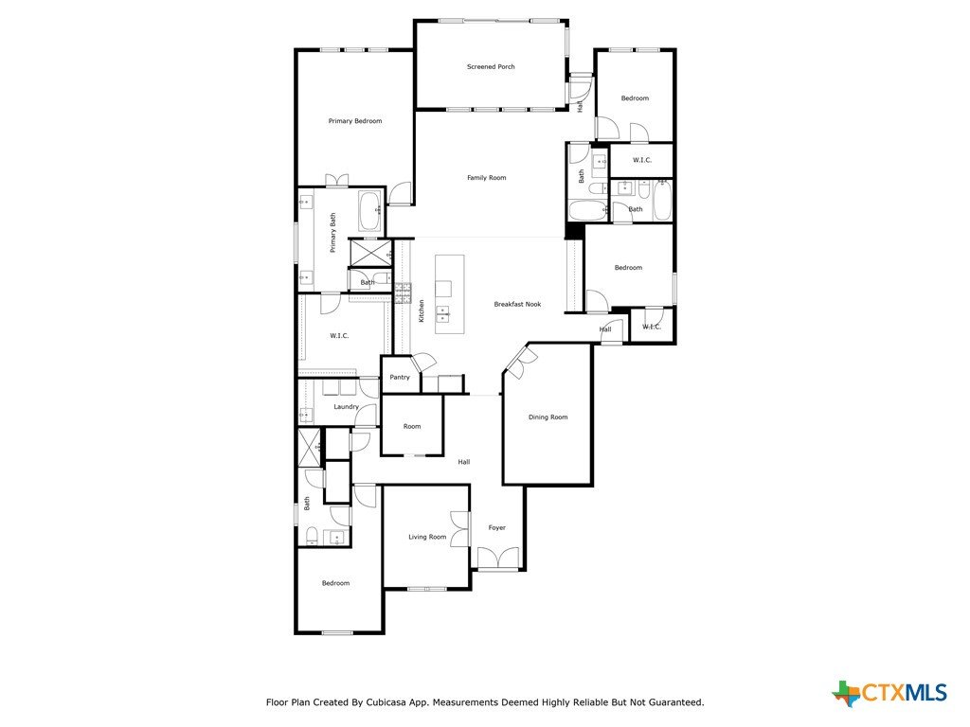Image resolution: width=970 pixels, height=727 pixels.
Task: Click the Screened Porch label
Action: [491, 67]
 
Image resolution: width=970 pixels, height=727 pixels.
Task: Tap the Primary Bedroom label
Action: [355, 121]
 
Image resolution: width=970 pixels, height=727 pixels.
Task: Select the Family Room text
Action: [486, 178]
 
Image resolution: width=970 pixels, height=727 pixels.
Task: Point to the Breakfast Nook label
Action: [517, 304]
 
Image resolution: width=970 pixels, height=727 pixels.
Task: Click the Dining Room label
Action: [548, 417]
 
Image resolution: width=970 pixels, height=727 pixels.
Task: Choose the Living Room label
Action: [427, 538]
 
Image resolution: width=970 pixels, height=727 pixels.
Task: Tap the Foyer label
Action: [496, 528]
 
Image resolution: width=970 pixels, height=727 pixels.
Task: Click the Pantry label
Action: [400, 377]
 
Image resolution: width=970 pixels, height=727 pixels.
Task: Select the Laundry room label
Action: [346, 407]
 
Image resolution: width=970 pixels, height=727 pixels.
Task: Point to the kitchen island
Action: [450, 294]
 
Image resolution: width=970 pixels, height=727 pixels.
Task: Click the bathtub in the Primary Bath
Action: [370, 211]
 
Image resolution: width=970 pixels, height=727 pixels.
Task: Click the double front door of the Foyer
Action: [498, 559]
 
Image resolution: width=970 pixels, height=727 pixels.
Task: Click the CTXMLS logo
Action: [889, 693]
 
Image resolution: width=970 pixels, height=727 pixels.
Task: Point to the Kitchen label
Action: [422, 310]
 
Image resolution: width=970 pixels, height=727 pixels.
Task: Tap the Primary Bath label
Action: [332, 233]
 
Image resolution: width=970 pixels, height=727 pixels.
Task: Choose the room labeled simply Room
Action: [412, 427]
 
